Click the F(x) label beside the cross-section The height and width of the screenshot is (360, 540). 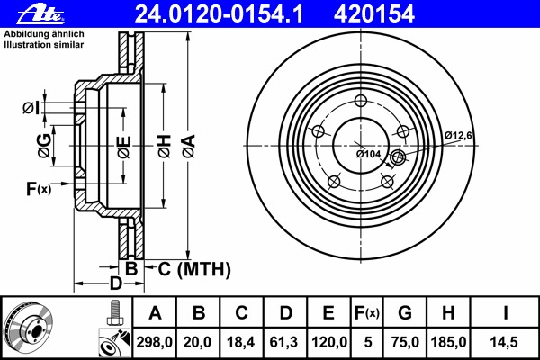(x=39, y=188)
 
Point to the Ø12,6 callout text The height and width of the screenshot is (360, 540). (x=458, y=135)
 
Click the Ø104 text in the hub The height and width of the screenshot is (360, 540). (x=369, y=154)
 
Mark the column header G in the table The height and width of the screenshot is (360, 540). (x=405, y=313)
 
